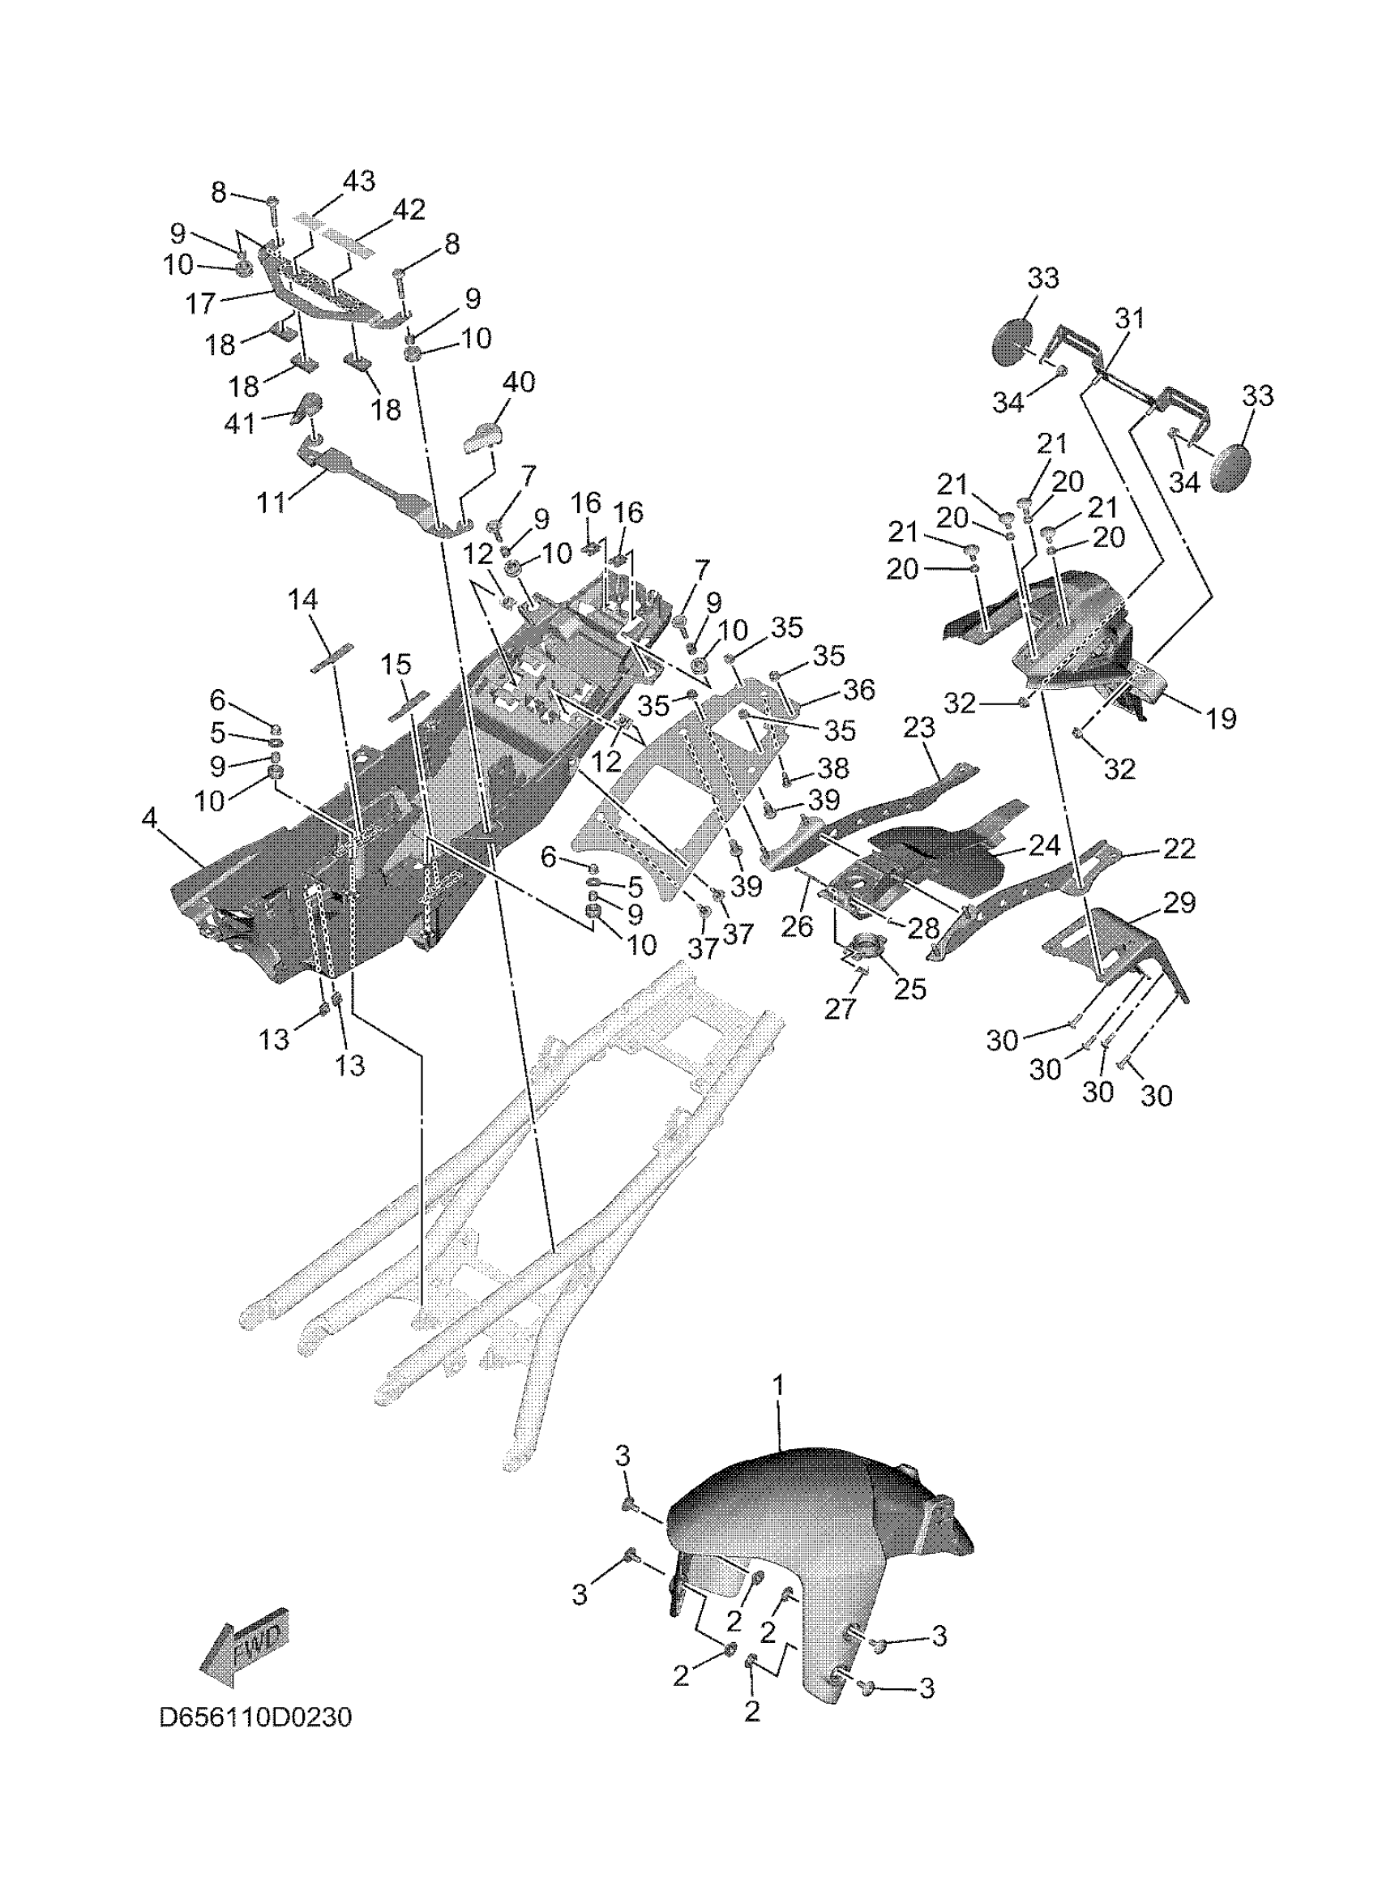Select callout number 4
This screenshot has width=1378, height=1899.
coord(149,818)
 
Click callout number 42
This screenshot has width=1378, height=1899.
coord(409,209)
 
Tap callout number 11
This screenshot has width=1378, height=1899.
coord(272,503)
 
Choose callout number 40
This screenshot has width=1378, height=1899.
coord(519,382)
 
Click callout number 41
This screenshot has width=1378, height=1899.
coord(239,424)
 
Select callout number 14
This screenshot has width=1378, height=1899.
coord(303,600)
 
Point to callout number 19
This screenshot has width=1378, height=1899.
coord(1222,717)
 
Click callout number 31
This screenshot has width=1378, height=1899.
coord(1129,319)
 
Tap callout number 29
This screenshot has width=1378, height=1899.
coord(1179,903)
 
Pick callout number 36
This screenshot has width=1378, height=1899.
coord(858,689)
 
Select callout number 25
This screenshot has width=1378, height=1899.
coord(910,989)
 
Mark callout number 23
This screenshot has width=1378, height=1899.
coord(919,728)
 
